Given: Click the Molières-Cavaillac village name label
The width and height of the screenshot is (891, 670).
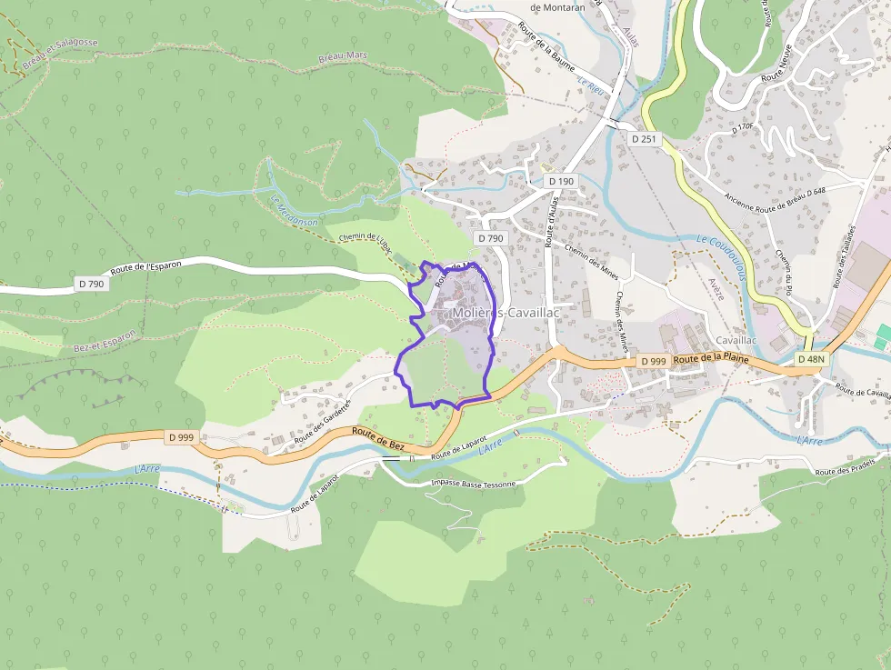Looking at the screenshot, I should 506,313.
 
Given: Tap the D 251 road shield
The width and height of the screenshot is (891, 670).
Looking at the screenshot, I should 643,138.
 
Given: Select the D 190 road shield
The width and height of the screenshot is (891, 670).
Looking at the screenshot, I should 562,182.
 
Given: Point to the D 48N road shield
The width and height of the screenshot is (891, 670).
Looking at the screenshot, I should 811,359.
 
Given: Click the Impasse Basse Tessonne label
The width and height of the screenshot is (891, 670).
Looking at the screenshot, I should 473,483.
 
